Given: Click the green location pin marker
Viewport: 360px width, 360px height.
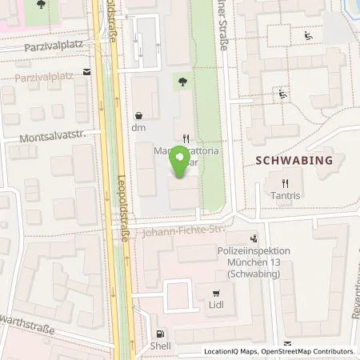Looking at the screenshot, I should click(182, 163).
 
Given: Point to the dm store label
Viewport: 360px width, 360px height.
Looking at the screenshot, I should click(138, 127).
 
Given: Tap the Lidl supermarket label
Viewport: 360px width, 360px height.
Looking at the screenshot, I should click(218, 305).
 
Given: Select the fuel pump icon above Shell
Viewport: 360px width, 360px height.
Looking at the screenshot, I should click(160, 334).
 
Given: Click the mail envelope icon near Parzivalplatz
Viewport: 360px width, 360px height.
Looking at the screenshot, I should click(87, 71).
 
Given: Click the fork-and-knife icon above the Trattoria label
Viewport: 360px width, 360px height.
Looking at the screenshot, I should click(186, 138).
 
